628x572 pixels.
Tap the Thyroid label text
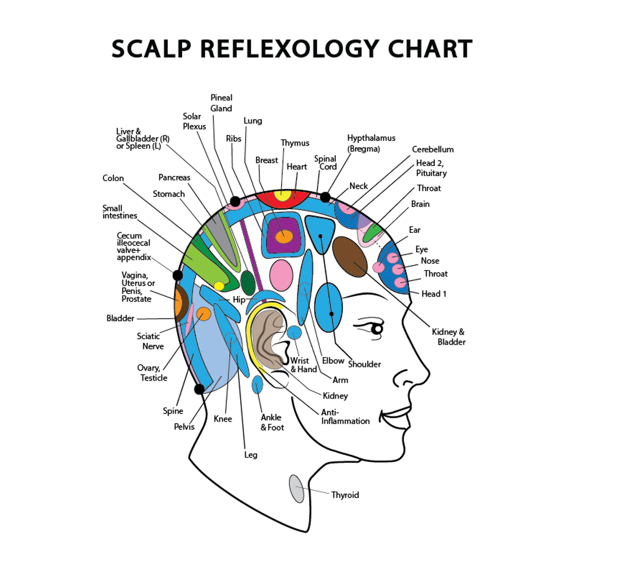pyautogui.click(x=345, y=495)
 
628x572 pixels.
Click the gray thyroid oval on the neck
pyautogui.click(x=297, y=488)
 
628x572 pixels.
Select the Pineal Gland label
pyautogui.click(x=221, y=103)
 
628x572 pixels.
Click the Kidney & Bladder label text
pyautogui.click(x=448, y=337)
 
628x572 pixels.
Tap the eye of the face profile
pyautogui.click(x=377, y=330)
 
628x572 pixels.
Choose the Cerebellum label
pyautogui.click(x=433, y=149)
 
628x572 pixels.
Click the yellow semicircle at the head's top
pyautogui.click(x=283, y=195)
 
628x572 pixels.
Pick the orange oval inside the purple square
pyautogui.click(x=284, y=235)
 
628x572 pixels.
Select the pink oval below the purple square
pyautogui.click(x=281, y=275)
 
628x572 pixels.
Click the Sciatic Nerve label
pyautogui.click(x=150, y=341)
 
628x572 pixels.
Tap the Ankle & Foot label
pyautogui.click(x=272, y=422)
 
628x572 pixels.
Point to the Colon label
pyautogui.click(x=113, y=178)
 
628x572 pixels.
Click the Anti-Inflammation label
pyautogui.click(x=345, y=417)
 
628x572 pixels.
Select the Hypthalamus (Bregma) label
pyautogui.click(x=371, y=143)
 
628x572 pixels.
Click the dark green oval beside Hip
pyautogui.click(x=248, y=282)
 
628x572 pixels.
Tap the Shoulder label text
pyautogui.click(x=364, y=364)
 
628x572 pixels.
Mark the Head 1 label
pyautogui.click(x=434, y=294)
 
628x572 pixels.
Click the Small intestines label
pyautogui.click(x=119, y=212)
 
